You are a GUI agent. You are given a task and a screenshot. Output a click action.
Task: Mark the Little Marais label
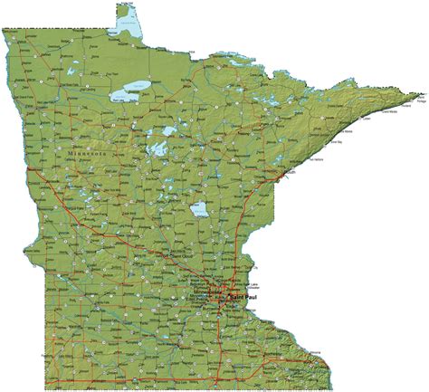tap(348, 136)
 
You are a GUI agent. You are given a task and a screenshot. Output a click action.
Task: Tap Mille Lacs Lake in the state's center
tap(201, 212)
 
